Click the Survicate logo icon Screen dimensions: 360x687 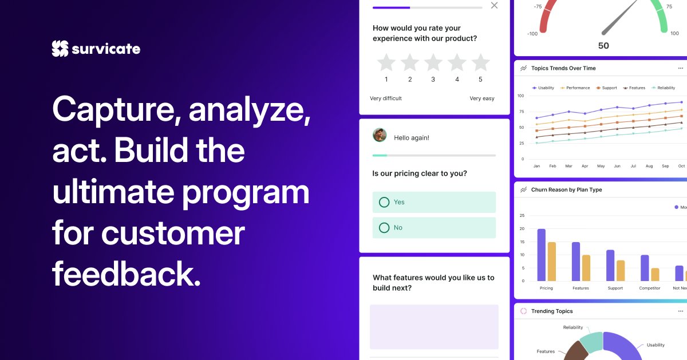pyautogui.click(x=60, y=49)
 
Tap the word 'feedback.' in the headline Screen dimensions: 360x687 pyautogui.click(x=127, y=275)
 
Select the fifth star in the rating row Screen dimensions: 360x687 pyautogui.click(x=480, y=62)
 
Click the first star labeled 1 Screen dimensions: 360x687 pyautogui.click(x=386, y=62)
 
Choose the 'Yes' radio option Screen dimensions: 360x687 pyautogui.click(x=384, y=202)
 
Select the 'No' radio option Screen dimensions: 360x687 pyautogui.click(x=384, y=228)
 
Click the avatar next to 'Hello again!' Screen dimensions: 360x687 pyautogui.click(x=380, y=135)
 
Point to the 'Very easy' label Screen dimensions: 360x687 pyautogui.click(x=482, y=98)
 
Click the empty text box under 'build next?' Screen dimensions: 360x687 pyautogui.click(x=434, y=326)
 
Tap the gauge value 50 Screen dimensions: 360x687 pyautogui.click(x=603, y=46)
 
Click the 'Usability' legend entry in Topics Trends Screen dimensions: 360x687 pyautogui.click(x=543, y=88)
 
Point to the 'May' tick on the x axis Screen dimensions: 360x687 pyautogui.click(x=601, y=166)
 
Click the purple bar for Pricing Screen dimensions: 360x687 pyautogui.click(x=541, y=255)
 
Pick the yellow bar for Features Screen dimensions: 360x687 pyautogui.click(x=586, y=268)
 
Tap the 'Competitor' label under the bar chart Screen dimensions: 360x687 pyautogui.click(x=649, y=288)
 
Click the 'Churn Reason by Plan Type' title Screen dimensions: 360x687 pyautogui.click(x=567, y=189)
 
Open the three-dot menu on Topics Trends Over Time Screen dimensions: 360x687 pyautogui.click(x=681, y=68)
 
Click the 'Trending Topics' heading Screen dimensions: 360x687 pyautogui.click(x=552, y=311)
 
